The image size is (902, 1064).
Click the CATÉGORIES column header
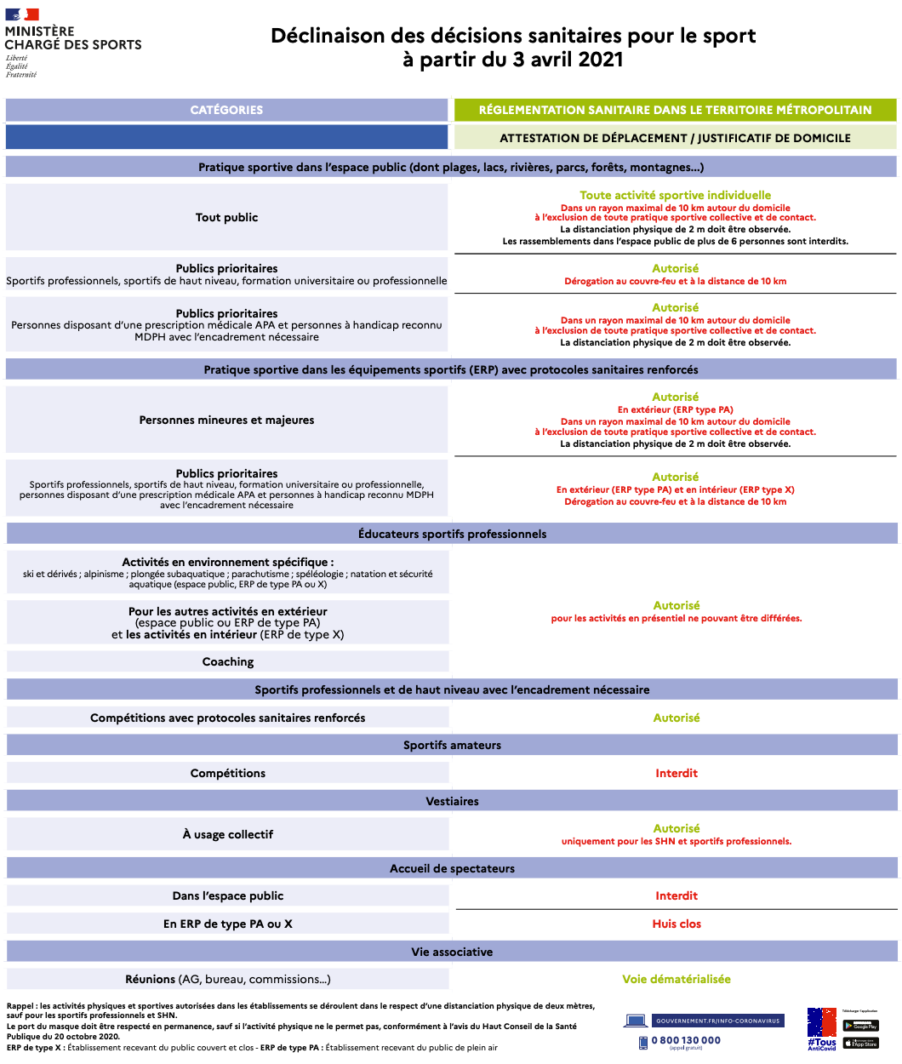[226, 110]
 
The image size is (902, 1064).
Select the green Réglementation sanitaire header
[675, 110]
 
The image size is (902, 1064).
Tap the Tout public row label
[226, 217]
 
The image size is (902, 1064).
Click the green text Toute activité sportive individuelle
[676, 195]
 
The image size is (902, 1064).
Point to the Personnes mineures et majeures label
[226, 420]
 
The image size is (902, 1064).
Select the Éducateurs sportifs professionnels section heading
[452, 534]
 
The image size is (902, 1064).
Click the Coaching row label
[228, 661]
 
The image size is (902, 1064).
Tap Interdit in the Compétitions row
[676, 773]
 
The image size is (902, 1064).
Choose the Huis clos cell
[676, 924]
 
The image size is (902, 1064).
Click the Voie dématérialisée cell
[676, 979]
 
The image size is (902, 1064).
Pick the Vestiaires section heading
[452, 801]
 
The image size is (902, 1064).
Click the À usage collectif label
[228, 834]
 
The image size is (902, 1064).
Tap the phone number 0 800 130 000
[686, 1040]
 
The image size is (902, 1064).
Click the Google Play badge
[860, 1026]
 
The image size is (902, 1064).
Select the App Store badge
[860, 1043]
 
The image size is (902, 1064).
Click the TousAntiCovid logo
[822, 1028]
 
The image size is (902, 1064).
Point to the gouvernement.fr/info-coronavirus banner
[716, 1021]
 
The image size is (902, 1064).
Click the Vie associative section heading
[452, 952]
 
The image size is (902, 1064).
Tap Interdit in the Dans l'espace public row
[676, 895]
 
